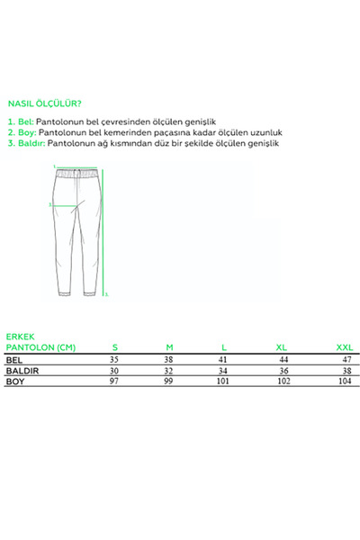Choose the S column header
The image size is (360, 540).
click(x=114, y=346)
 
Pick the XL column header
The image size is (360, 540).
click(x=281, y=346)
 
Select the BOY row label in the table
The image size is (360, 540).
click(x=15, y=382)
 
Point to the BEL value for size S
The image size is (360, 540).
click(x=114, y=358)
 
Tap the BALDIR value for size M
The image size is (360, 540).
click(x=170, y=370)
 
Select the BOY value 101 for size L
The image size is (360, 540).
click(x=224, y=382)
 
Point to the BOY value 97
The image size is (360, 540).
click(x=114, y=382)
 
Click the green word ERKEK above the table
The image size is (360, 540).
click(x=20, y=335)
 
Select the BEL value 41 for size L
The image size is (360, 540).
click(x=225, y=358)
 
